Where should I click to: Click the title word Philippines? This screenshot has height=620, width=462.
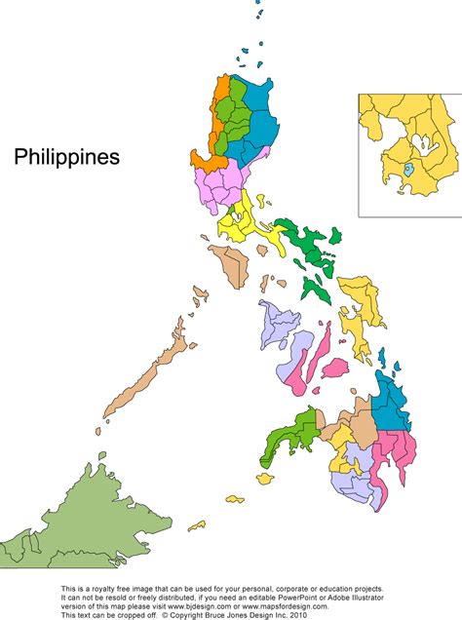click(66, 157)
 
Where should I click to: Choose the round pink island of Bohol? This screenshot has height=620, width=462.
click(333, 369)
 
